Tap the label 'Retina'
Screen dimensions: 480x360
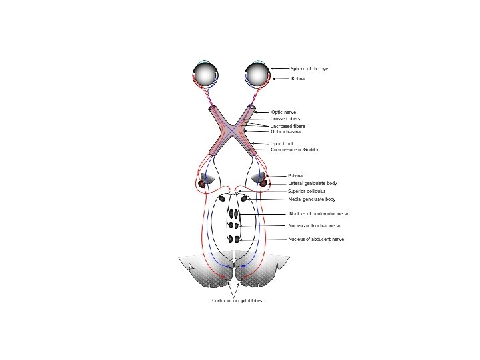[x=297, y=79]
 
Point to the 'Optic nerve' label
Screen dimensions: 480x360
[x=302, y=113]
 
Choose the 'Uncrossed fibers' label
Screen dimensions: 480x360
[x=306, y=125]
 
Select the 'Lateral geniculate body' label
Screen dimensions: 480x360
[x=312, y=183]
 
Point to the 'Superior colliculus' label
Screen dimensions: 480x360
[x=307, y=191]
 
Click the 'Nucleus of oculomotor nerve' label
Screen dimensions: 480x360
[x=319, y=214]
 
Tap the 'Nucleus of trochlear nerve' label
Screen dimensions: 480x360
[x=316, y=227]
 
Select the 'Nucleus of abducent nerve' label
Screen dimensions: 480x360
[x=316, y=239]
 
